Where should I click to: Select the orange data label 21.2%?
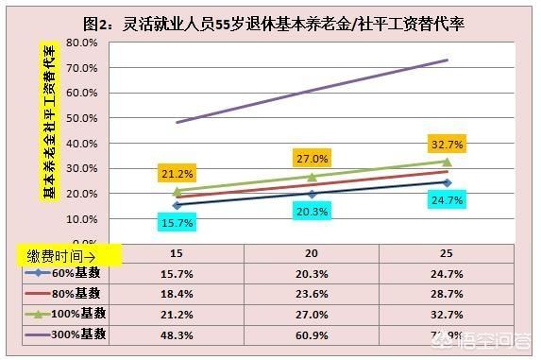click(177, 174)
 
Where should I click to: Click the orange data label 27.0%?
click(311, 158)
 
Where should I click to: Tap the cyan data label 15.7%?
click(177, 222)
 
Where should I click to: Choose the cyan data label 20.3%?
click(311, 212)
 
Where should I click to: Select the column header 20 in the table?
click(312, 255)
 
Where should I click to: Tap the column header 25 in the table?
click(447, 255)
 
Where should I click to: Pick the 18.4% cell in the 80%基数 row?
click(177, 295)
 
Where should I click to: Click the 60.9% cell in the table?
click(312, 335)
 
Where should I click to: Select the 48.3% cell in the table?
click(177, 335)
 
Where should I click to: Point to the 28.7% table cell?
click(447, 295)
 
